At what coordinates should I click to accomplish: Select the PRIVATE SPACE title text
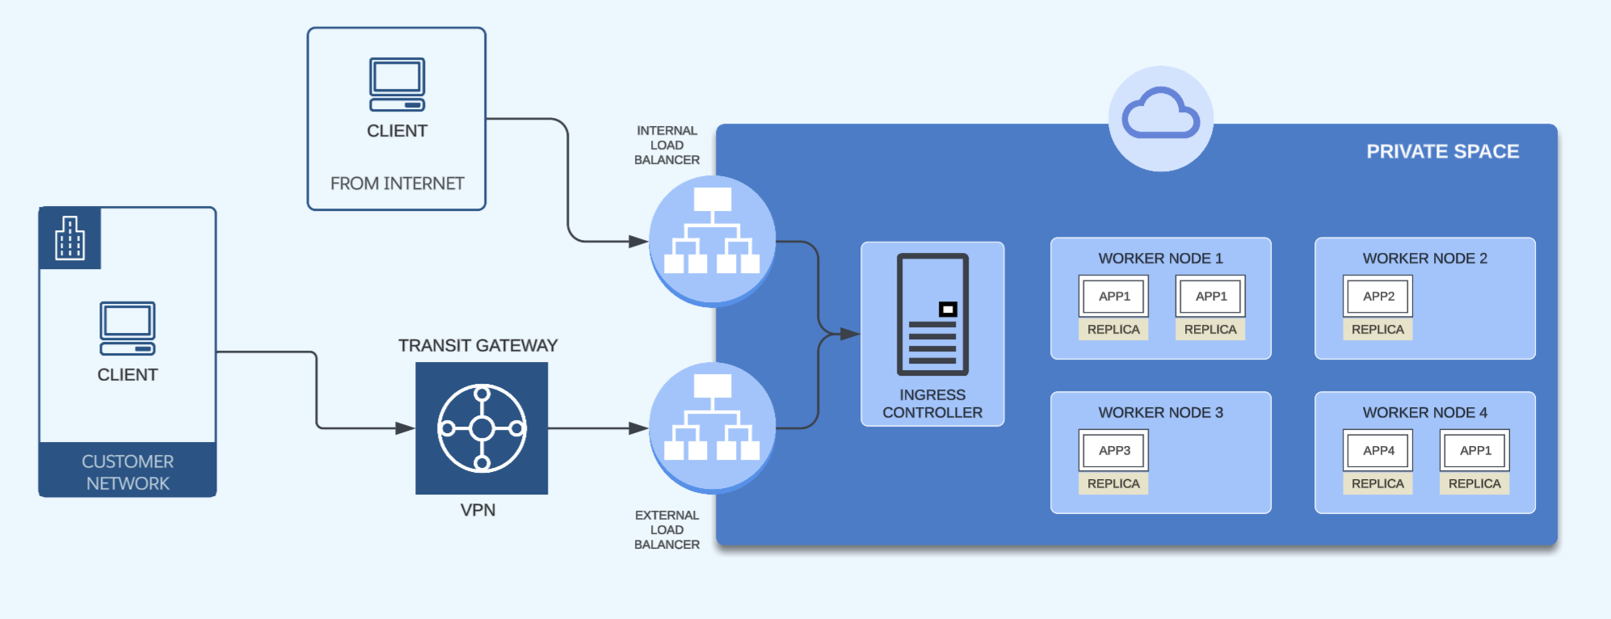click(x=1442, y=152)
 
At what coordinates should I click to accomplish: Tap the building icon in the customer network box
click(x=69, y=238)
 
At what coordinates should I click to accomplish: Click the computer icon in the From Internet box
click(x=397, y=84)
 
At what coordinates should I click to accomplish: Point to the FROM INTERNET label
click(x=397, y=184)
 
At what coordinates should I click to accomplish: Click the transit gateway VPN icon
click(x=482, y=428)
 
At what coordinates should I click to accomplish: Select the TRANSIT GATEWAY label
click(x=477, y=346)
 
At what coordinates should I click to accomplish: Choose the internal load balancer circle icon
click(x=712, y=239)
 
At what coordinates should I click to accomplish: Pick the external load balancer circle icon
click(x=712, y=427)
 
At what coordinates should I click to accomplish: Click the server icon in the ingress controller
click(x=932, y=314)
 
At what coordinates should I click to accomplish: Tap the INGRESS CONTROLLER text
click(x=932, y=404)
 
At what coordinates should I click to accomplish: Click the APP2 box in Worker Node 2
click(x=1378, y=297)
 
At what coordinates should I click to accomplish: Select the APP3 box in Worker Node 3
click(x=1113, y=451)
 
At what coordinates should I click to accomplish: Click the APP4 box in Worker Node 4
click(x=1378, y=451)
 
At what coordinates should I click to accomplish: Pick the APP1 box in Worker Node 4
click(x=1474, y=451)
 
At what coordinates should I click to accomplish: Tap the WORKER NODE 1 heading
click(x=1160, y=259)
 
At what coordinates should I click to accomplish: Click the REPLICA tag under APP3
click(x=1113, y=484)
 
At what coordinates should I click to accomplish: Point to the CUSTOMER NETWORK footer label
click(x=128, y=473)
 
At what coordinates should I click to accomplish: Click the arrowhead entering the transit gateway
click(x=406, y=428)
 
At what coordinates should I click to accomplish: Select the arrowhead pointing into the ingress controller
click(x=850, y=334)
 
